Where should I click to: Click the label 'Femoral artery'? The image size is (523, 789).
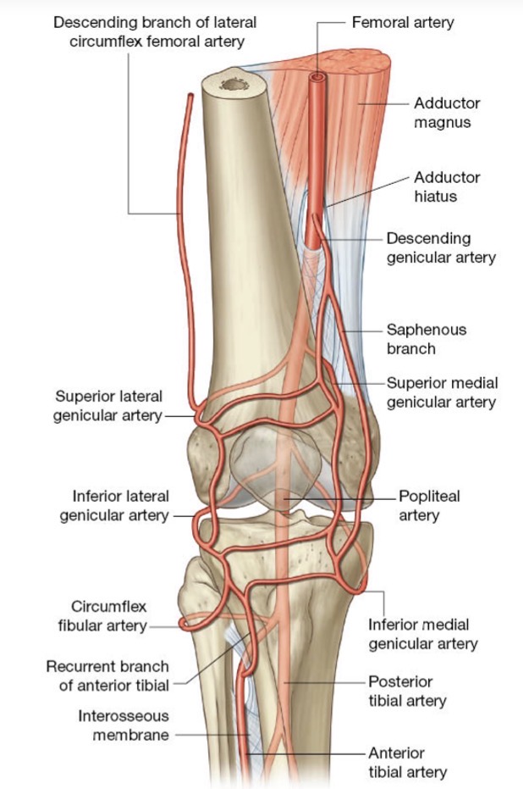click(x=403, y=23)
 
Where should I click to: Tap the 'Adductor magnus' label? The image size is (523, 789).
click(x=447, y=113)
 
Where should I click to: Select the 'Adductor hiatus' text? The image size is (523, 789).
click(x=447, y=186)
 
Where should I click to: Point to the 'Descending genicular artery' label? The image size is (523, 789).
click(x=441, y=248)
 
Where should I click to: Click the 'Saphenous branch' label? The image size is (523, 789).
click(x=426, y=339)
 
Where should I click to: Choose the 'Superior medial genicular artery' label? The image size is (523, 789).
click(x=442, y=392)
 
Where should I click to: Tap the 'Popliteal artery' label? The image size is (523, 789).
click(x=429, y=506)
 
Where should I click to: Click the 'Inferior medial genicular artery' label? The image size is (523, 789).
click(x=422, y=634)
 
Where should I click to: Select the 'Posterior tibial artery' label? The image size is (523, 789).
click(x=407, y=692)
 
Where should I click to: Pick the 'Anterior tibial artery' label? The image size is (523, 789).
click(x=407, y=763)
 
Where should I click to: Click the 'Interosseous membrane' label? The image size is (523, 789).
click(x=123, y=725)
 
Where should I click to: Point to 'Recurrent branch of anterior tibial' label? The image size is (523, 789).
click(x=107, y=675)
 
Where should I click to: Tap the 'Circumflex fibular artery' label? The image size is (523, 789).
click(x=102, y=616)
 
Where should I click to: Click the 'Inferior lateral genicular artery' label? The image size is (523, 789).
click(x=114, y=506)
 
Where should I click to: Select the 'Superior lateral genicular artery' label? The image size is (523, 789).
click(x=107, y=406)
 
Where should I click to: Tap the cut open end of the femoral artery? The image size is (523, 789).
click(x=317, y=77)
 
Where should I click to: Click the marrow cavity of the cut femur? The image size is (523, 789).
click(x=234, y=85)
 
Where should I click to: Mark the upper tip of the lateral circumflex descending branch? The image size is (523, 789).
click(x=190, y=95)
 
